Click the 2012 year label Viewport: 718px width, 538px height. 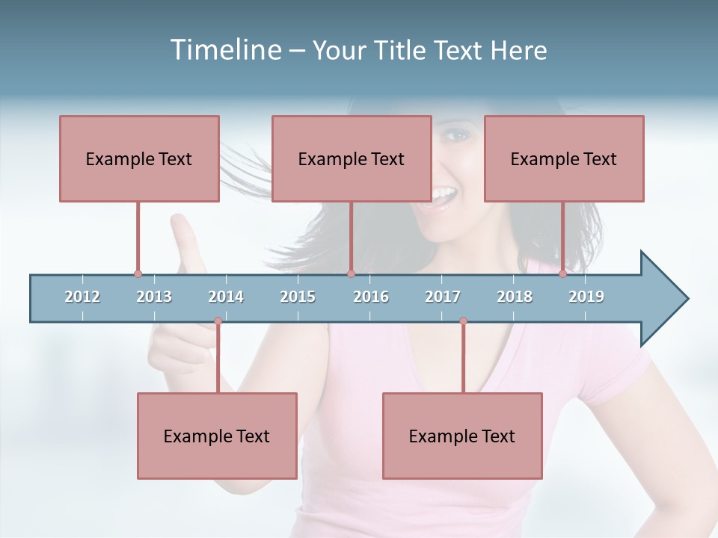[x=82, y=297]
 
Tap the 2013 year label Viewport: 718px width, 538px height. [x=154, y=297]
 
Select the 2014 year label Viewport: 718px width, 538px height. [x=226, y=297]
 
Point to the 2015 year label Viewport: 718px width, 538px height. [x=298, y=297]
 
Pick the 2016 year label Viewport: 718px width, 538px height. [x=371, y=297]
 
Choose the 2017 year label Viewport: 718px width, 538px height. [x=443, y=297]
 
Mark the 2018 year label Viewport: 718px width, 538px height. [x=515, y=297]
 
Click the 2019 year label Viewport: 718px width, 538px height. [x=586, y=297]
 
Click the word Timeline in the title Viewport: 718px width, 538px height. [x=224, y=50]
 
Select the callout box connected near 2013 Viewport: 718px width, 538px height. [x=139, y=158]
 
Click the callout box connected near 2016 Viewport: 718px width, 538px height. [x=352, y=158]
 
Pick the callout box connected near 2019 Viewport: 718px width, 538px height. [x=564, y=158]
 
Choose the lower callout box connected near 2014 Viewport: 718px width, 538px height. [x=217, y=436]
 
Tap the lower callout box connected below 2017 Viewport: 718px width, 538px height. [x=462, y=436]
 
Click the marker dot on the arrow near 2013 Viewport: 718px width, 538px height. [x=138, y=274]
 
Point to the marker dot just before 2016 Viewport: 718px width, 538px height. [x=351, y=274]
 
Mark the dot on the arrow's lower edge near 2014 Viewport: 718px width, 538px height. [x=218, y=321]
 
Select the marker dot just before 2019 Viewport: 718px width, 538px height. [x=562, y=274]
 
